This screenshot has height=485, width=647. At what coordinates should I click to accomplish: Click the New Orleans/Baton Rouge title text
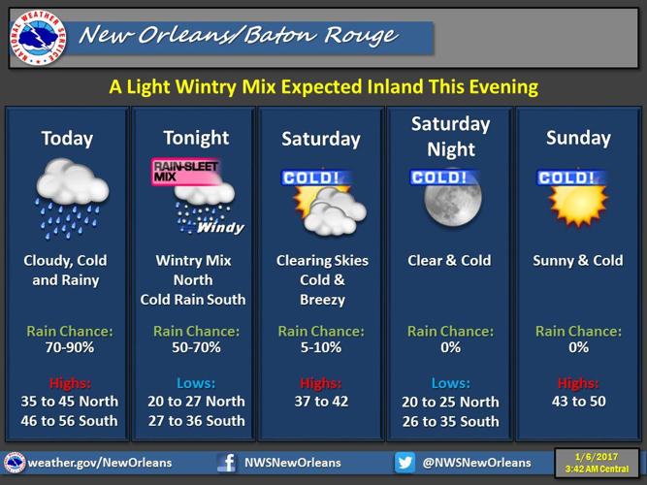[x=239, y=36]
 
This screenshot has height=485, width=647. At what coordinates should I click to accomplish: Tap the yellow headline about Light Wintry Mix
[x=323, y=87]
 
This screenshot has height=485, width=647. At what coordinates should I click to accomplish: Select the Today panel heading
[x=67, y=138]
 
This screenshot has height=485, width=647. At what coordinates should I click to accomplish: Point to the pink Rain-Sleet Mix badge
[x=185, y=172]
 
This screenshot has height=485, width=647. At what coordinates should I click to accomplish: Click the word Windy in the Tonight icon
[x=220, y=228]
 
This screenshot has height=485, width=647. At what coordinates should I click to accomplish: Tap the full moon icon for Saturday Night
[x=451, y=201]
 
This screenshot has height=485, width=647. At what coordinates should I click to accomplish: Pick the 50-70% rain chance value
[x=195, y=346]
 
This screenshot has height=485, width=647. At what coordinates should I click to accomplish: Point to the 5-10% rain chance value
[x=322, y=346]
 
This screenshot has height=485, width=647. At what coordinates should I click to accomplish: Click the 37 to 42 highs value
[x=322, y=401]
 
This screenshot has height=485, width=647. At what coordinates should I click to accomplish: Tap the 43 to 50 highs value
[x=578, y=401]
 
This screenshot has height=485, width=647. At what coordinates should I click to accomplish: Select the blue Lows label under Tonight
[x=195, y=382]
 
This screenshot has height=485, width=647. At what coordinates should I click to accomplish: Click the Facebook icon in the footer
[x=226, y=463]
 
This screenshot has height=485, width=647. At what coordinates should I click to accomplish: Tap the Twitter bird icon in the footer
[x=404, y=463]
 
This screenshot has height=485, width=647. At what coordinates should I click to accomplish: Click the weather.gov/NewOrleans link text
[x=101, y=463]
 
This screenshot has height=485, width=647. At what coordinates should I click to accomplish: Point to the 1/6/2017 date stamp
[x=596, y=457]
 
